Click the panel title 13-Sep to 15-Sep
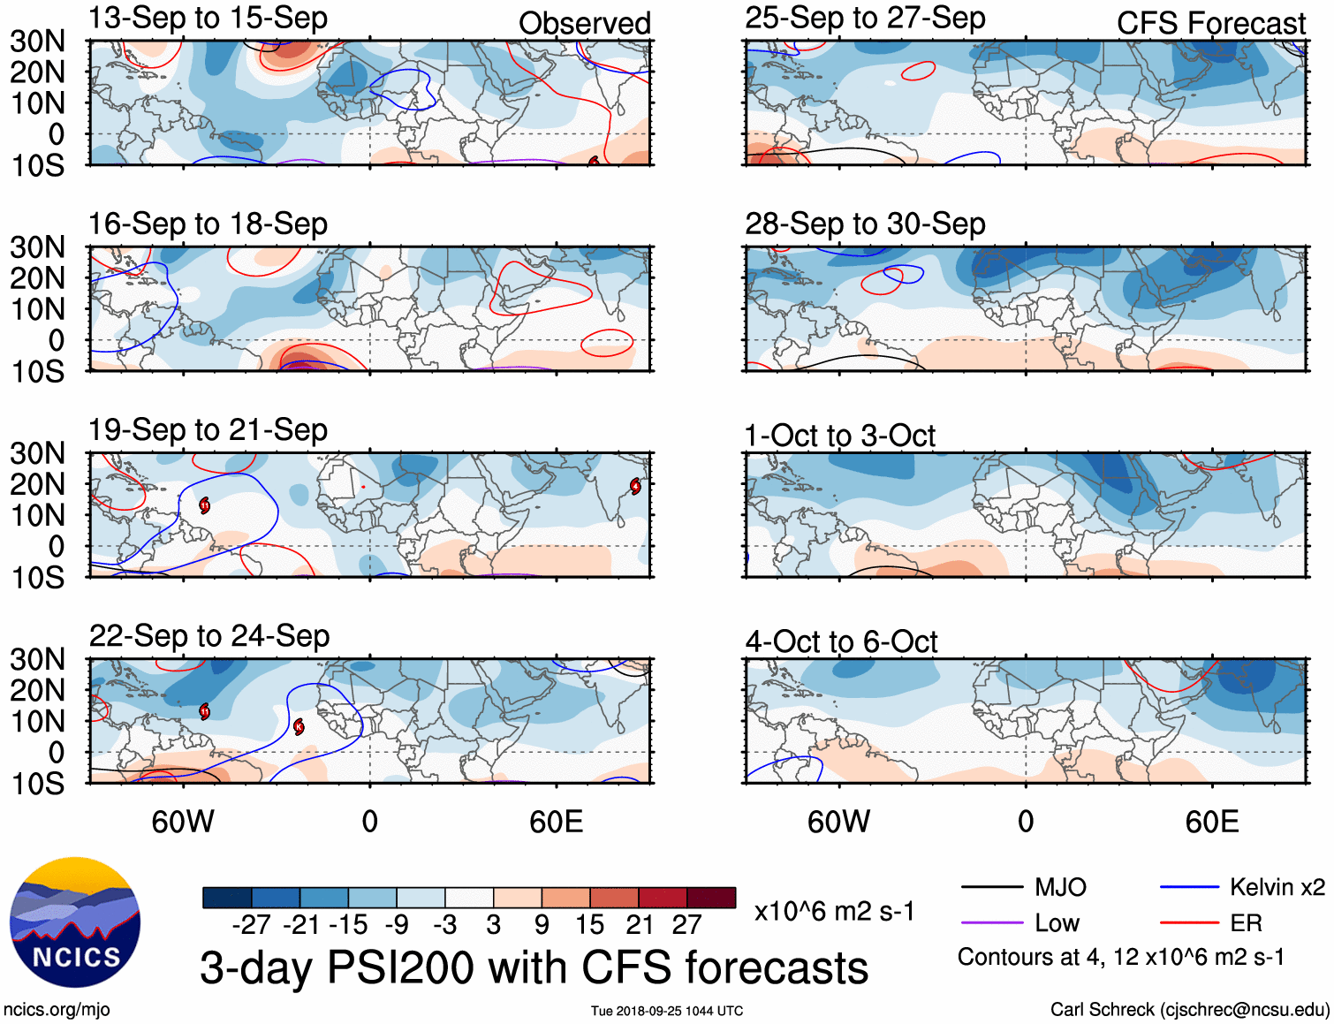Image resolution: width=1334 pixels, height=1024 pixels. click(x=208, y=19)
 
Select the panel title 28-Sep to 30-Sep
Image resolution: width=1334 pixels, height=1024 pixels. click(x=865, y=224)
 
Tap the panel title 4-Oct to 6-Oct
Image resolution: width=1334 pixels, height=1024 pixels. click(x=841, y=642)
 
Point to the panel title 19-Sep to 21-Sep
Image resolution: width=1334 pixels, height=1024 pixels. click(x=208, y=430)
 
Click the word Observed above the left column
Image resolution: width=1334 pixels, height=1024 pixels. click(x=584, y=24)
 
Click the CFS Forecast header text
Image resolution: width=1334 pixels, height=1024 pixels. click(x=1210, y=24)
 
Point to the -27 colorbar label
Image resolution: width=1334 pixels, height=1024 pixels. click(x=251, y=925)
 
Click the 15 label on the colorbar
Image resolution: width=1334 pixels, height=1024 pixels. click(x=589, y=925)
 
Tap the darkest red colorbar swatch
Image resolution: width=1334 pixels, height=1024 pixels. click(x=711, y=898)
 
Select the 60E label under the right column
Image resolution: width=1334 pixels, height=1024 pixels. click(x=1211, y=823)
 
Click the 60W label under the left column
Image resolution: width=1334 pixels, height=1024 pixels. click(x=183, y=823)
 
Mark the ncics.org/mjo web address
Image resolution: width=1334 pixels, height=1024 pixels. click(x=57, y=1010)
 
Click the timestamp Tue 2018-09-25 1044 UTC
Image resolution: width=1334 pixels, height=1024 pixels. click(x=667, y=1011)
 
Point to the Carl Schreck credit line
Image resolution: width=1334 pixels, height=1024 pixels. click(x=1189, y=1010)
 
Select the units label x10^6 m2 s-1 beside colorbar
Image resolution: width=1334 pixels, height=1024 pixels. click(x=834, y=911)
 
